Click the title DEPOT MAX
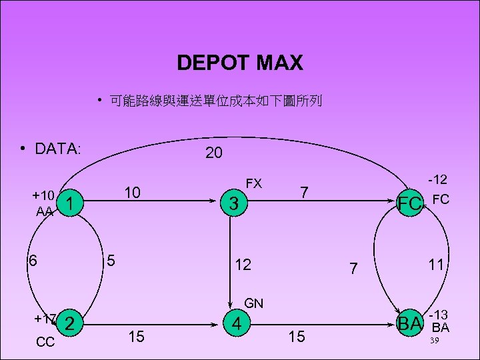[240, 63]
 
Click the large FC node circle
[409, 203]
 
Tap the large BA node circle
[409, 324]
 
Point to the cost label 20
[213, 153]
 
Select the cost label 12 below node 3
[243, 265]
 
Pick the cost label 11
[436, 265]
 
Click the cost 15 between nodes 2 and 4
[136, 337]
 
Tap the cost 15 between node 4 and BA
[296, 337]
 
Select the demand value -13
[438, 315]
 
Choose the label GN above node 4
[254, 304]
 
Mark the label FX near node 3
[254, 183]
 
